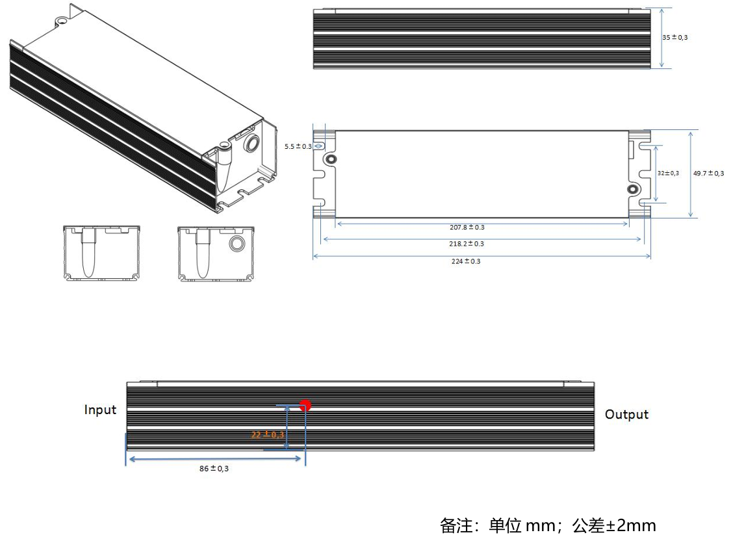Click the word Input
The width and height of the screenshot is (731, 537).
point(100,410)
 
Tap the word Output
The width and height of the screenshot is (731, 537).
point(626,414)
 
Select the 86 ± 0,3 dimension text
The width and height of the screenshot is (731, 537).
point(214,469)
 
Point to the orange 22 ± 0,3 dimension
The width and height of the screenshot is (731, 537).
point(268,434)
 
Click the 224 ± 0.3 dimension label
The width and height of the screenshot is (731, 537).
point(466,261)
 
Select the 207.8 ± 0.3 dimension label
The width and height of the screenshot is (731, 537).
point(467,227)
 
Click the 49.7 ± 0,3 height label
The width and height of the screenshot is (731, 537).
point(708,173)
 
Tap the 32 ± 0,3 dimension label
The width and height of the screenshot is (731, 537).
point(668,173)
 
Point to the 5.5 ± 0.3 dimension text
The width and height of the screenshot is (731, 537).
point(298,146)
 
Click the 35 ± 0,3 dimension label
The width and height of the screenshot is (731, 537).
point(674,38)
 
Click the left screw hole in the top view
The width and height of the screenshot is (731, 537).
point(331,159)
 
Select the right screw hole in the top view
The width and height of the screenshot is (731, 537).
point(632,189)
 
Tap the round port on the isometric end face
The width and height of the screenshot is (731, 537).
point(251,143)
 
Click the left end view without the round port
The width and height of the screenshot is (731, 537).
point(102,253)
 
